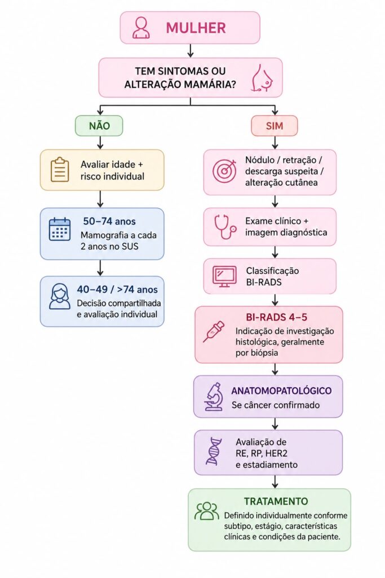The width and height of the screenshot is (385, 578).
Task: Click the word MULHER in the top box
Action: [x=196, y=28]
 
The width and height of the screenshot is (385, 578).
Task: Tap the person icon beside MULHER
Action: [x=141, y=28]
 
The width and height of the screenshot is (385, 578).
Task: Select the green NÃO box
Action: [x=99, y=126]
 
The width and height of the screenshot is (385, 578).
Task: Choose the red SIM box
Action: [x=274, y=126]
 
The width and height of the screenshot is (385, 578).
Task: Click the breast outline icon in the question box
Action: [x=262, y=78]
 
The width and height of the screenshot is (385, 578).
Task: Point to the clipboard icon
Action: [x=60, y=169]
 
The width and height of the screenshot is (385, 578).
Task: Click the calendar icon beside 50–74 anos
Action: [x=60, y=229]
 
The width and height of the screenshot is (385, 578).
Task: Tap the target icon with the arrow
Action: [x=224, y=170]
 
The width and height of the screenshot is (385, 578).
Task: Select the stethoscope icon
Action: [x=225, y=227]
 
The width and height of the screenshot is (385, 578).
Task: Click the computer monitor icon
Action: [x=224, y=276]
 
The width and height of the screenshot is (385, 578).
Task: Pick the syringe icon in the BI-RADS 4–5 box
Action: [x=214, y=331]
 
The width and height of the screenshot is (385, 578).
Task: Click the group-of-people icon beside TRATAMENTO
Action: [x=207, y=511]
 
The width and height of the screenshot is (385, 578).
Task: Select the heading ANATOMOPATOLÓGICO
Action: [x=282, y=391]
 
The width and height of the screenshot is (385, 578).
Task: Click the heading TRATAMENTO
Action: [x=276, y=501]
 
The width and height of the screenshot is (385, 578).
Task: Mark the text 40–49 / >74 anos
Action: [x=117, y=290]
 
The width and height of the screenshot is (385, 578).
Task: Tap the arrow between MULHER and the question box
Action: [x=191, y=50]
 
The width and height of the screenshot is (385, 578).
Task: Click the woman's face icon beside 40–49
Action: [x=60, y=296]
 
